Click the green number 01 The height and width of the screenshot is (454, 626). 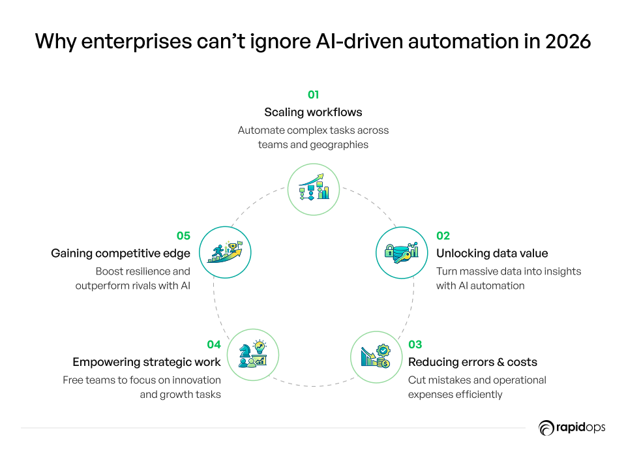(313, 95)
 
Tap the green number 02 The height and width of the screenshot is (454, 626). (443, 236)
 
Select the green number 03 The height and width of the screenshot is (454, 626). (415, 344)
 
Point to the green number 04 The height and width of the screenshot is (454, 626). (214, 344)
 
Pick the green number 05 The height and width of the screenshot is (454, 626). (183, 236)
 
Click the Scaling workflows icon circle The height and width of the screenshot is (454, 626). (314, 189)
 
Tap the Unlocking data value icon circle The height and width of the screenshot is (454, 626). (402, 252)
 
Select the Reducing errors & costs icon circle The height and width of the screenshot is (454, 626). (377, 357)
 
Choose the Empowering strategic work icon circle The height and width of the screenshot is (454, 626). (253, 356)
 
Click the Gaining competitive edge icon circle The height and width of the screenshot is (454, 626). (224, 252)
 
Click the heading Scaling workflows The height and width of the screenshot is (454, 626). (313, 112)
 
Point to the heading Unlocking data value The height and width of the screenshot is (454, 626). (492, 254)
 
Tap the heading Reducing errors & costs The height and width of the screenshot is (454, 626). (473, 362)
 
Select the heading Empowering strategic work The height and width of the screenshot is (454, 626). (147, 362)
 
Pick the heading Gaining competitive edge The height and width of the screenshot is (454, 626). (121, 254)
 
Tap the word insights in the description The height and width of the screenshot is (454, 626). (561, 271)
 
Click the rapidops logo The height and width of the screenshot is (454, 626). (572, 428)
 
